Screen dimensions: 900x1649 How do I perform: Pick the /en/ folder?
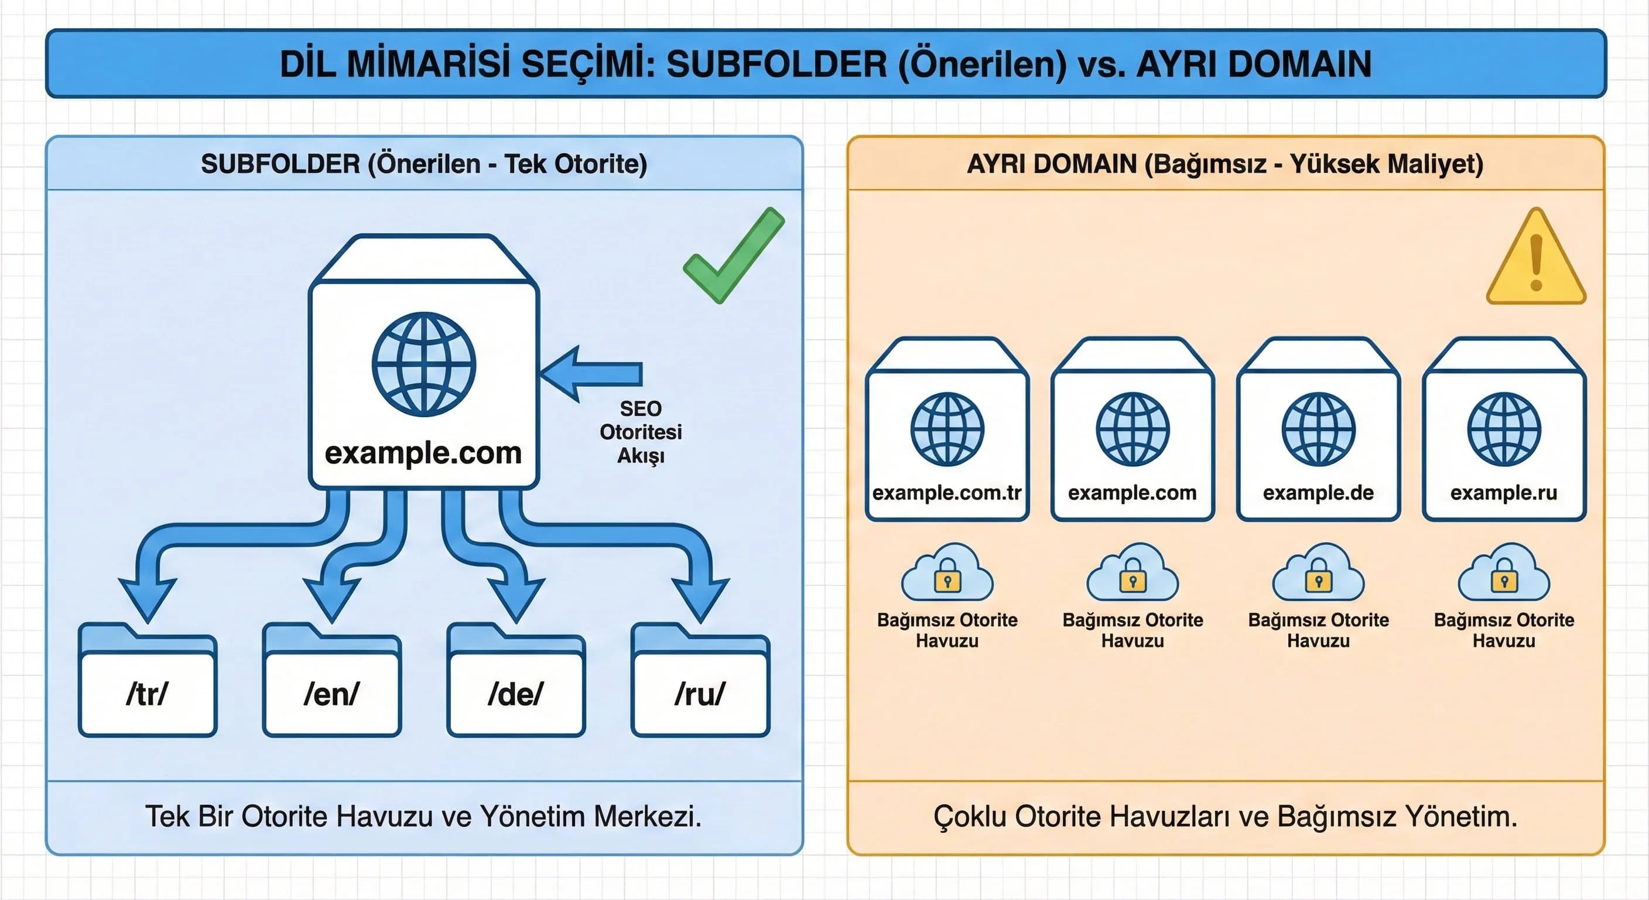[331, 693]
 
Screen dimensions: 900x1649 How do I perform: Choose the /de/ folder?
[516, 693]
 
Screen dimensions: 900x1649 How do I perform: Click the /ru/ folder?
[700, 693]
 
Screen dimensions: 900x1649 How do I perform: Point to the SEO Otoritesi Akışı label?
[640, 432]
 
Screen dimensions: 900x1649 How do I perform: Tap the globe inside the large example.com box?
[424, 364]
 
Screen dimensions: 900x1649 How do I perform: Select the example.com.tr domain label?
[947, 492]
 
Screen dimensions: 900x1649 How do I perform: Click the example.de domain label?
[1318, 492]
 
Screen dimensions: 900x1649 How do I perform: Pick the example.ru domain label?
[1504, 492]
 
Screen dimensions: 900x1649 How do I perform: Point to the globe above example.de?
[1318, 428]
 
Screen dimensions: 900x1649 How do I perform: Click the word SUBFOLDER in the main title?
[776, 64]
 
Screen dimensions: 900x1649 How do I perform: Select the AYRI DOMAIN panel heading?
[1224, 164]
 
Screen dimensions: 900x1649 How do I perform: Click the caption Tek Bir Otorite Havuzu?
[423, 816]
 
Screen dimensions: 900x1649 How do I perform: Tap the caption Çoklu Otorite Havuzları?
[1225, 816]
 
